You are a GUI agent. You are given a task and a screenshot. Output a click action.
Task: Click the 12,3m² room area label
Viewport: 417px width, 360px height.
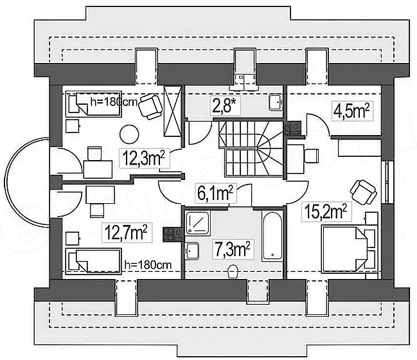tap(144, 158)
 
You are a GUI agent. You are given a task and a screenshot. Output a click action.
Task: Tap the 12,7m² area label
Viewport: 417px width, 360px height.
tap(127, 233)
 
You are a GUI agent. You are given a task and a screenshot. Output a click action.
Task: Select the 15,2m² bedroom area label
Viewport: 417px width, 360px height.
tap(326, 212)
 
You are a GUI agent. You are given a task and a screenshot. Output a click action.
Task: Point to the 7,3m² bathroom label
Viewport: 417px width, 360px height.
tap(233, 249)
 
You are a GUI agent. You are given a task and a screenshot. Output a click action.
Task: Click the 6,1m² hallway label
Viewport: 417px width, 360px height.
tap(215, 194)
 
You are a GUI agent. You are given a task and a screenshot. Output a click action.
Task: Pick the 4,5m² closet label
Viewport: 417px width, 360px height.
tap(351, 111)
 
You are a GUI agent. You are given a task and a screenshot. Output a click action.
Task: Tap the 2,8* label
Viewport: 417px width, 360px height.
tap(226, 106)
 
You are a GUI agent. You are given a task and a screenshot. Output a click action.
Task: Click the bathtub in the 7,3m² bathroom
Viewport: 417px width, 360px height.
tap(272, 236)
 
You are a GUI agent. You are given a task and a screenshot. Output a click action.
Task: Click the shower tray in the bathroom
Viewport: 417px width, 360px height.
tap(198, 223)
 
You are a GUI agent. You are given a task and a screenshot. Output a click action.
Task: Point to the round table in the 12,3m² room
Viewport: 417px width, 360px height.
tap(129, 134)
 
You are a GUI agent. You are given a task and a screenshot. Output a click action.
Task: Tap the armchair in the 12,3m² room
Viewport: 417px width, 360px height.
tap(150, 106)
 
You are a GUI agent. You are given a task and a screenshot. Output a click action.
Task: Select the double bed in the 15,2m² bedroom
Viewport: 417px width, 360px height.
tap(349, 249)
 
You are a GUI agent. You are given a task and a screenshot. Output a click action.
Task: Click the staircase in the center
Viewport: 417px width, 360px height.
tap(251, 148)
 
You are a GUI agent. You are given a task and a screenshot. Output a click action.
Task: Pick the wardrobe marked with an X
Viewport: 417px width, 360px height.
tap(173, 111)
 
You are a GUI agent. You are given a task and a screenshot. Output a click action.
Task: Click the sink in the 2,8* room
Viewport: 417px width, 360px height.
tap(276, 102)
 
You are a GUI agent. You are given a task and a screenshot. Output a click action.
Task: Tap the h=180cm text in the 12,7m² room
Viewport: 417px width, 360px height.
tap(148, 265)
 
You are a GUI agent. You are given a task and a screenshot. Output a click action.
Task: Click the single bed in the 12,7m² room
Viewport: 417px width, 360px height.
tap(93, 262)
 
